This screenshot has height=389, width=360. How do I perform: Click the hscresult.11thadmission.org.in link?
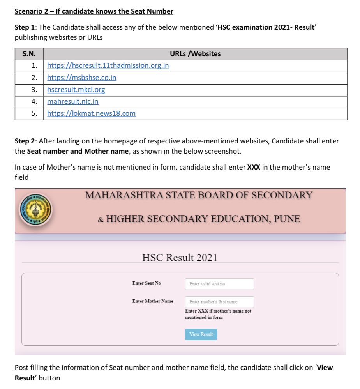coord(108,65)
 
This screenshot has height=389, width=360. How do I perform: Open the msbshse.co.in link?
coord(82,78)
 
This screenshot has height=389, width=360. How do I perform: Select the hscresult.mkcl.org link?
coord(76,90)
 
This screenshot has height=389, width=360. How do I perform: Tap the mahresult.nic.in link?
coord(73,102)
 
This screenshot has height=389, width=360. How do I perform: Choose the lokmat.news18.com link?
coord(92,114)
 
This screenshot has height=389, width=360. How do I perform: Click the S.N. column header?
coord(29,54)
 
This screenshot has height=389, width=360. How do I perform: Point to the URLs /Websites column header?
coord(195,54)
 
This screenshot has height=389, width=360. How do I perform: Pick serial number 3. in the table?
coord(34,90)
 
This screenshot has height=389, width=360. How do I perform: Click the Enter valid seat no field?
coord(219,284)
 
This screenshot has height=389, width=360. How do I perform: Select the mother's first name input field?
coord(219,302)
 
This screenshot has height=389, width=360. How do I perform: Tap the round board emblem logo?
coord(35,211)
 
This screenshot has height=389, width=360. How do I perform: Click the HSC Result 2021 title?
coord(180,258)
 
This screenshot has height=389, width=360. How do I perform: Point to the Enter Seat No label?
coord(146,283)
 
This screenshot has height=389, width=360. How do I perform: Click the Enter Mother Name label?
coord(153,301)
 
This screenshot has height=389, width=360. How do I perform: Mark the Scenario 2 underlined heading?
coord(94,11)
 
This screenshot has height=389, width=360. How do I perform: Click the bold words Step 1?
coord(24,28)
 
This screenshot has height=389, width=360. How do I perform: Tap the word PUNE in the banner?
coord(287,219)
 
